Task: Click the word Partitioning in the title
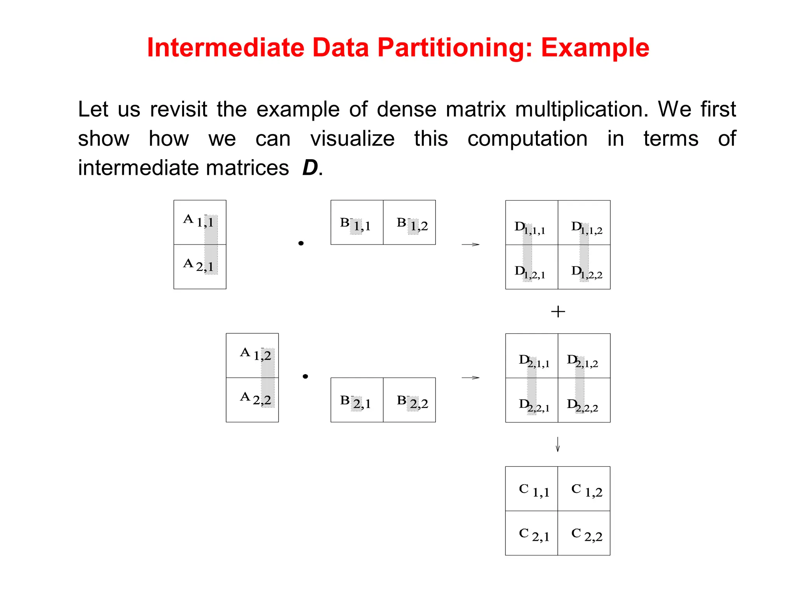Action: [x=454, y=48]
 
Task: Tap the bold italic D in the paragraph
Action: [x=310, y=168]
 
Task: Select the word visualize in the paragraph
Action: [x=352, y=139]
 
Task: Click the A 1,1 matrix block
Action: [x=200, y=222]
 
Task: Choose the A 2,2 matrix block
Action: [x=252, y=400]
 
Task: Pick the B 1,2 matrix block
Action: [x=409, y=223]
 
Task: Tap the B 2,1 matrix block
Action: [x=357, y=400]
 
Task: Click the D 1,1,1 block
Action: [x=532, y=223]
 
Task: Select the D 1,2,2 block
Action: [x=584, y=267]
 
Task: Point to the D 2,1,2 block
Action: [x=584, y=356]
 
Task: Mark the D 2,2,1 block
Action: [x=532, y=400]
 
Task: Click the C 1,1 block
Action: [x=532, y=489]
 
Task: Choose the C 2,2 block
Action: [x=584, y=533]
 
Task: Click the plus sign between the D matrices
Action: [x=558, y=311]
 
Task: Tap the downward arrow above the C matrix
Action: [x=558, y=444]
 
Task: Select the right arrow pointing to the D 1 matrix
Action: [x=470, y=244]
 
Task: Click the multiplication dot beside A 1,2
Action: [x=305, y=376]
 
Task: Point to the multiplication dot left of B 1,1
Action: [x=301, y=243]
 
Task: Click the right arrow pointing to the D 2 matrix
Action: [x=470, y=378]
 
